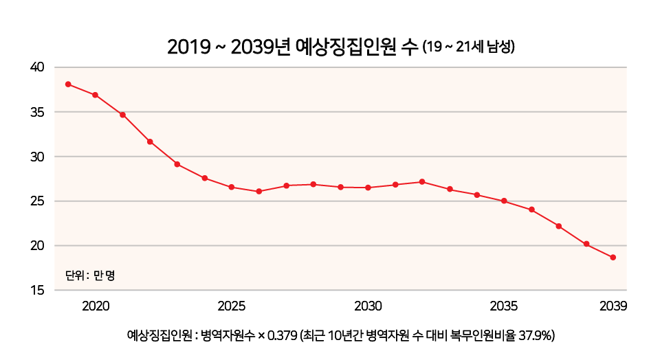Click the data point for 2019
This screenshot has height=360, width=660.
pyautogui.click(x=68, y=84)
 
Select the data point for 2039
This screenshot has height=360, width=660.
pyautogui.click(x=613, y=258)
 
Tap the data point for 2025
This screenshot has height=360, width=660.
pyautogui.click(x=232, y=187)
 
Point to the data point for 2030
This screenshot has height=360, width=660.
pyautogui.click(x=368, y=188)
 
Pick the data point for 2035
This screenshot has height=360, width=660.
pyautogui.click(x=504, y=201)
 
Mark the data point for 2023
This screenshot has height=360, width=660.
pyautogui.click(x=177, y=164)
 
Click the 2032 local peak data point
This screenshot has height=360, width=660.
pyautogui.click(x=422, y=181)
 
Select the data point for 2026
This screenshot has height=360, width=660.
pyautogui.click(x=259, y=191)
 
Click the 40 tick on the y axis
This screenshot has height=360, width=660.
pyautogui.click(x=37, y=67)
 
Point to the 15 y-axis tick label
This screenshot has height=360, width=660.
pyautogui.click(x=37, y=291)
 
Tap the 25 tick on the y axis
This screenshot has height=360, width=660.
pyautogui.click(x=37, y=201)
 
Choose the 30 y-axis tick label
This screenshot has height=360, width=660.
pyautogui.click(x=37, y=157)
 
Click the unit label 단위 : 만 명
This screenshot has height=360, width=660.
pyautogui.click(x=89, y=275)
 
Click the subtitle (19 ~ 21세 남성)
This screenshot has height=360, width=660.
pyautogui.click(x=469, y=48)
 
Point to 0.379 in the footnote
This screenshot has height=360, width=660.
pyautogui.click(x=282, y=336)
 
